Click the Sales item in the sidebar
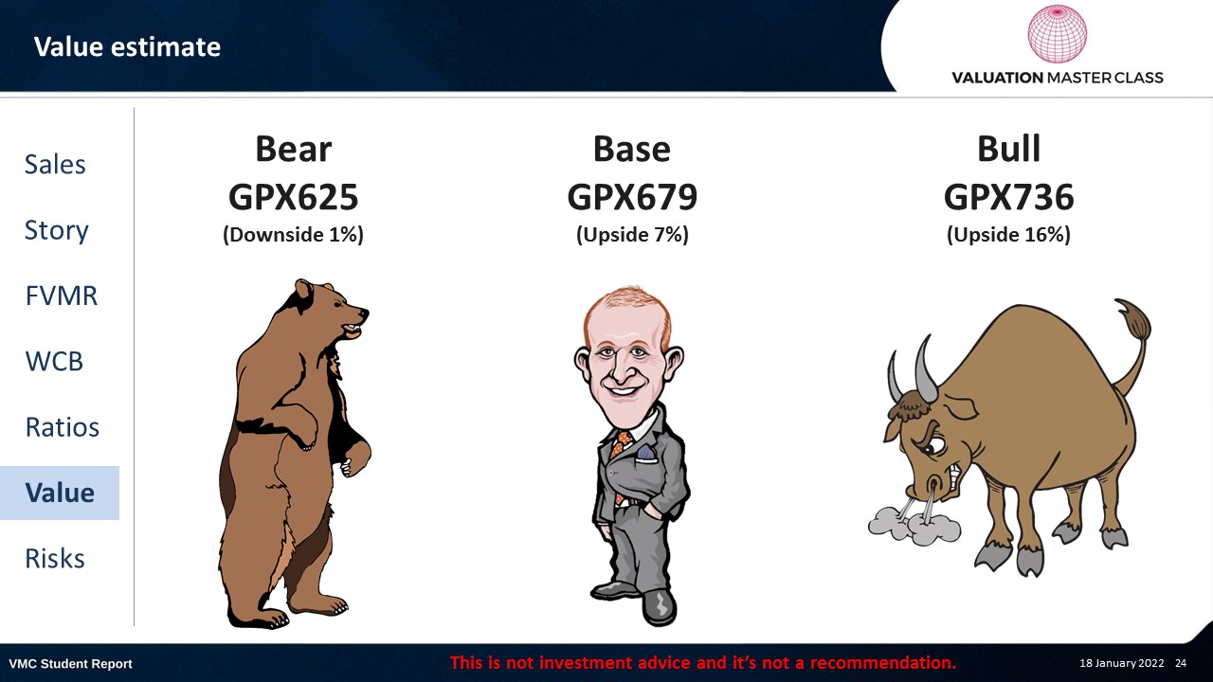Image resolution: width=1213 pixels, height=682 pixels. [x=55, y=164]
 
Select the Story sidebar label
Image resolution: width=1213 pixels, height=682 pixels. [x=56, y=230]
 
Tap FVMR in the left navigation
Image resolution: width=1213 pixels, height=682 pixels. [x=62, y=296]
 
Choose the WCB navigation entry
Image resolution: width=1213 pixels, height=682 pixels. [x=54, y=361]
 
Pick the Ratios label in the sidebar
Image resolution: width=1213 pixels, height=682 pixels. [x=63, y=427]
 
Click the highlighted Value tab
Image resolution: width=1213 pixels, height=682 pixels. [x=60, y=493]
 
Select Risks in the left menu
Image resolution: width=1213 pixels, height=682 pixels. [x=55, y=558]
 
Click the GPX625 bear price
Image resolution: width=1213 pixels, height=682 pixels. [x=293, y=196]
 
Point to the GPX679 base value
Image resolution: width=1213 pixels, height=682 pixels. [x=632, y=196]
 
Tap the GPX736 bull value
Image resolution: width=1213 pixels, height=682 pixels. [x=1008, y=196]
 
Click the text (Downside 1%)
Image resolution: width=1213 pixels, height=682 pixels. [x=293, y=234]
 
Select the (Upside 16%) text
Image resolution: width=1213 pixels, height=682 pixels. [x=1008, y=234]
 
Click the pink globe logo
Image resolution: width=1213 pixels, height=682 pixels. [x=1057, y=33]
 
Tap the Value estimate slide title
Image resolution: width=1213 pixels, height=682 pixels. [x=127, y=46]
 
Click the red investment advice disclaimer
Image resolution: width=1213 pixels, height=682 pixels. [x=703, y=662]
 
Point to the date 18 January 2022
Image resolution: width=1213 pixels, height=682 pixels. [x=1121, y=663]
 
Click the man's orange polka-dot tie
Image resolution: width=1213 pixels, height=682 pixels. [x=621, y=455]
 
